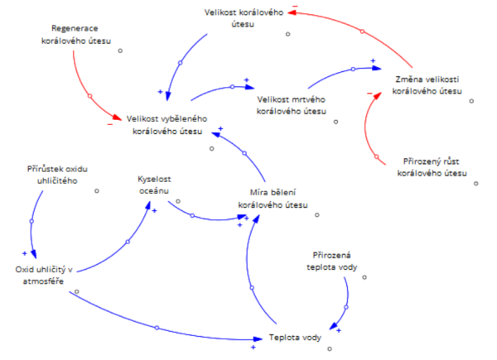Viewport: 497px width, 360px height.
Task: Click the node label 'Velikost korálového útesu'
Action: tap(243, 18)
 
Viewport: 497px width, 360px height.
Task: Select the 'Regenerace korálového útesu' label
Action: tap(75, 34)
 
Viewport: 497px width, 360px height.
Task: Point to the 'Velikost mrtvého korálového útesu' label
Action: tap(290, 104)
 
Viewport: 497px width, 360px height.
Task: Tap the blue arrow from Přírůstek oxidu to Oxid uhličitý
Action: tap(31, 223)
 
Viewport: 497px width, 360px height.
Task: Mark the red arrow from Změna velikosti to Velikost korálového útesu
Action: tap(361, 31)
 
